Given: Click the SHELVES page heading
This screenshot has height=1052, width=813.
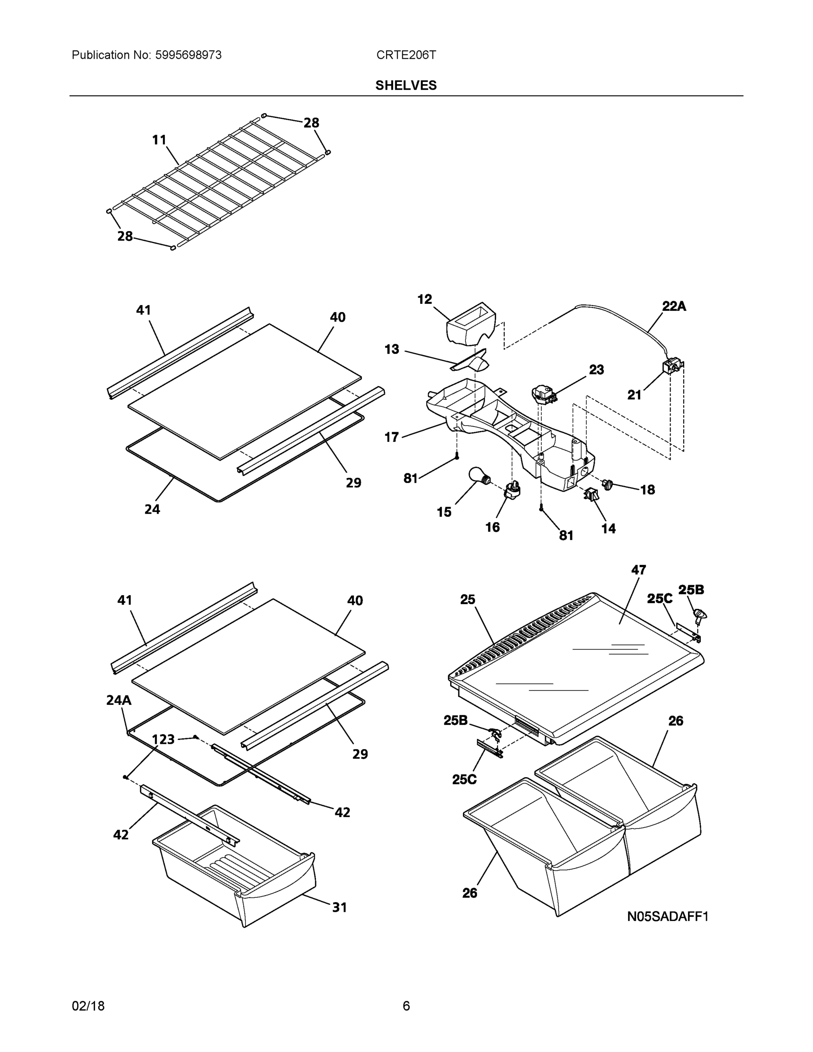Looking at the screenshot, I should click(x=405, y=85).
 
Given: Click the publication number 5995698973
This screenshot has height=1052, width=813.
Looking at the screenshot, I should click(x=188, y=55).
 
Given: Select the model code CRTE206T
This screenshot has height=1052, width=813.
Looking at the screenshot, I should click(x=406, y=55).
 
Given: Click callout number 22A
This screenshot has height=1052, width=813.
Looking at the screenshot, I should click(x=674, y=306).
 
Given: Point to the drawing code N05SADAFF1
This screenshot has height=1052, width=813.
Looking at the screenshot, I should click(x=667, y=916).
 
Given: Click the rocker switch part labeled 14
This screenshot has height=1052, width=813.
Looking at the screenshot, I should click(x=591, y=494).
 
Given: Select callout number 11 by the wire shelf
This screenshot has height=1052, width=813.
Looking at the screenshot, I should click(x=159, y=140).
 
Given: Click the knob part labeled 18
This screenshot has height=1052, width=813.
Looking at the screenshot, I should click(x=607, y=483).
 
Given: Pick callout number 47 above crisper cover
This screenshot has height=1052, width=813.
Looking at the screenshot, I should click(x=638, y=570).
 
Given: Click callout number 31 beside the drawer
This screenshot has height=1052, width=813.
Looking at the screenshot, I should click(x=340, y=907).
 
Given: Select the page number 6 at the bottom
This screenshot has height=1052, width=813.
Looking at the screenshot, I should click(x=406, y=1006).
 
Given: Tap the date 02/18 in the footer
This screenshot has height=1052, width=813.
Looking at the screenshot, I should click(x=88, y=1006).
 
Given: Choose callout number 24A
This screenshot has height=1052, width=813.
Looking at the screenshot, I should click(x=118, y=700).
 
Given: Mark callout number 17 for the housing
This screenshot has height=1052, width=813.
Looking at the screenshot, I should click(x=391, y=437).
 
